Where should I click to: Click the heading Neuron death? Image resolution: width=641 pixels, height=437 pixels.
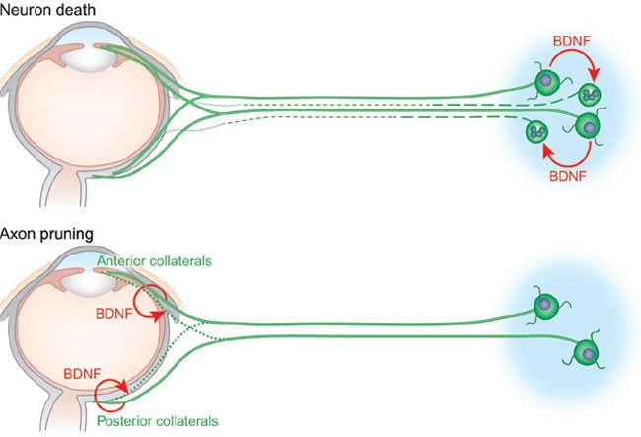tap(42, 10)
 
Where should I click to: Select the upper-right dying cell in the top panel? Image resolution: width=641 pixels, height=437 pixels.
tap(591, 96)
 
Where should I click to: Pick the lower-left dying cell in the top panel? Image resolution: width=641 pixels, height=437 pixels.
tap(538, 132)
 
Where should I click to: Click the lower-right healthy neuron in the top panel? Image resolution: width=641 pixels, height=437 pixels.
tap(587, 126)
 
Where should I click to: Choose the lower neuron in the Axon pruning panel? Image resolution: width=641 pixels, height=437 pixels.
tap(586, 350)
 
